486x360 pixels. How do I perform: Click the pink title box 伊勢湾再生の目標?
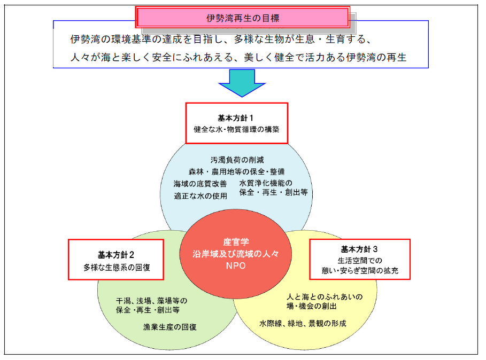(243, 18)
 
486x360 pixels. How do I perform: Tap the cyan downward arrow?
(242, 83)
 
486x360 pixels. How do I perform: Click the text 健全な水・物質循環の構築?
(236, 129)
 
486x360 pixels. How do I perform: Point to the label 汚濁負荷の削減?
(237, 160)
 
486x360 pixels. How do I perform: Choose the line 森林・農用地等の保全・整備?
(236, 171)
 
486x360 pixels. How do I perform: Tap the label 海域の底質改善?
(200, 184)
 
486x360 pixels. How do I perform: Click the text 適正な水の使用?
(200, 195)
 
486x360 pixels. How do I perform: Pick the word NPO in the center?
(235, 265)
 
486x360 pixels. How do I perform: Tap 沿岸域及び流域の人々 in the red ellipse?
(235, 254)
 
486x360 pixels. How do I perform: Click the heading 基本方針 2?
(115, 254)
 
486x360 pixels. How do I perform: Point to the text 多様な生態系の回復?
(116, 267)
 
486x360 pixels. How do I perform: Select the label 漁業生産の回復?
(169, 326)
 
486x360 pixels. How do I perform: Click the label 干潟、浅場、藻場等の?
(151, 300)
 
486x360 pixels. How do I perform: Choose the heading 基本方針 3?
(359, 249)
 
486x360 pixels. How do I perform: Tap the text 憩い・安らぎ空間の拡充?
(360, 271)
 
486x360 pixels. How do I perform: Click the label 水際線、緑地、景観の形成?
(303, 324)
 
